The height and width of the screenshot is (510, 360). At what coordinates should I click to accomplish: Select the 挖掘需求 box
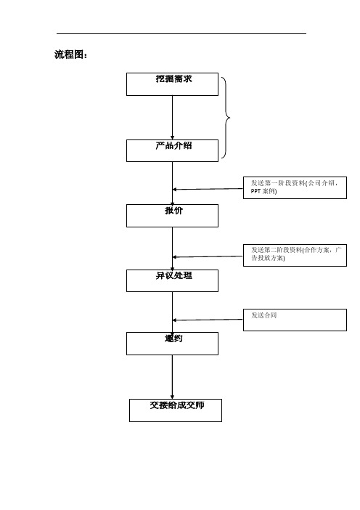tap(172, 84)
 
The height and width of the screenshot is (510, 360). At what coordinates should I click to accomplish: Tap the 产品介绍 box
tap(172, 150)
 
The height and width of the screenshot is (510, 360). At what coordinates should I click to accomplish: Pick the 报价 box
tap(172, 215)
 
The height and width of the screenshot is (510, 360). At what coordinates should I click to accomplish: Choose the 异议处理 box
tap(172, 280)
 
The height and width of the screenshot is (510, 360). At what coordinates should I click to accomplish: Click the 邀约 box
tap(172, 344)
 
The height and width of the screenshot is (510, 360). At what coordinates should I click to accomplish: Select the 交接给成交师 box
tap(175, 410)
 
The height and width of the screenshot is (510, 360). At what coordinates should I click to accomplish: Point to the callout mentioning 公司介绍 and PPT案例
tap(295, 187)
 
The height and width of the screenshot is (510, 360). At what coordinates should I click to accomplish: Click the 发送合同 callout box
tap(295, 319)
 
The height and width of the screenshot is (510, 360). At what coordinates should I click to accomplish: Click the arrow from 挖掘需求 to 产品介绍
tap(172, 116)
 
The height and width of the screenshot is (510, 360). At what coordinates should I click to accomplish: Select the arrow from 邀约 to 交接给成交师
tap(172, 376)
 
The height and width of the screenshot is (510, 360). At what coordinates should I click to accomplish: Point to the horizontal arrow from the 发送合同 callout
tap(208, 320)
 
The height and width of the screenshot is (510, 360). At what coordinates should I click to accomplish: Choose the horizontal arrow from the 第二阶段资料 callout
tap(208, 256)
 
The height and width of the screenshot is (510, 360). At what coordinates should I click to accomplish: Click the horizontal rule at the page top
tap(181, 33)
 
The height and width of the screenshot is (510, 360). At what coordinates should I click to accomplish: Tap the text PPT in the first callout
tap(255, 191)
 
